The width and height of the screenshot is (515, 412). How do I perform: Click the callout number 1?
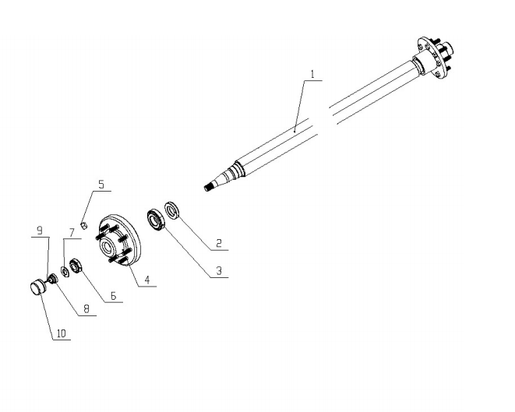pos(312,74)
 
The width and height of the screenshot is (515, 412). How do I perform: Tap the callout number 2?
pos(219,243)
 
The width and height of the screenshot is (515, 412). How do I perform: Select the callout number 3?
pos(219,271)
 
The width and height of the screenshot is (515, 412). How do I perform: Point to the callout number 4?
pos(146,280)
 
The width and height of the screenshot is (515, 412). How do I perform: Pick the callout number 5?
pos(101,185)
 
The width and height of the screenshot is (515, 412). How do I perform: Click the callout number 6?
pos(113,296)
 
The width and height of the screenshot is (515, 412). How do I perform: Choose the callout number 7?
pos(72,233)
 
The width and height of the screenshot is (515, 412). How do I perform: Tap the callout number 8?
pos(86,309)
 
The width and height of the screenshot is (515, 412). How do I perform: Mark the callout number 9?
pos(40,231)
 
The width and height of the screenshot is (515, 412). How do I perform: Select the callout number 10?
pos(62,333)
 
